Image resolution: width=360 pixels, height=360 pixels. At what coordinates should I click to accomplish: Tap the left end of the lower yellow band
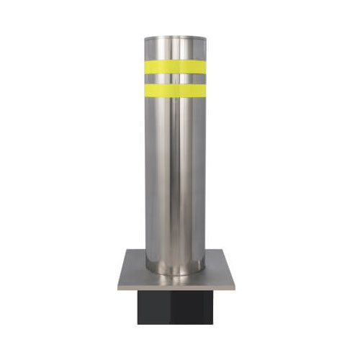(x=144, y=89)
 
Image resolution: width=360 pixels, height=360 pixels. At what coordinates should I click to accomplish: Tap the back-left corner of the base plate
(x=129, y=250)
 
